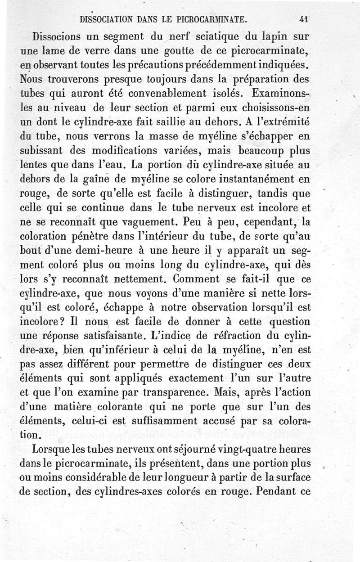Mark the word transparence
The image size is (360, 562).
(x=142, y=393)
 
